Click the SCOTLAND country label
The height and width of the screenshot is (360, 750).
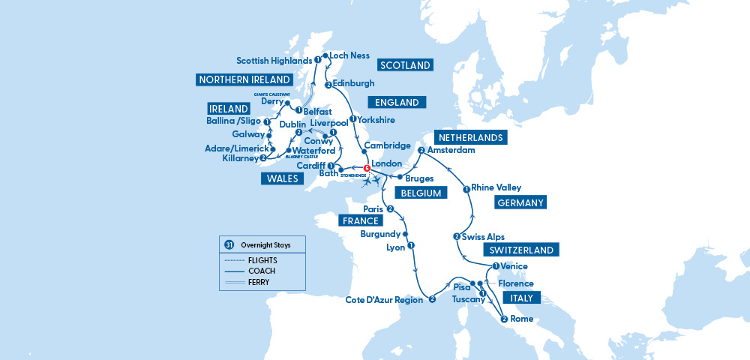406,65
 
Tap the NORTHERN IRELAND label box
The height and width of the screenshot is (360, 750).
245,79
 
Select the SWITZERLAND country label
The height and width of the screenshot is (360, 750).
521,250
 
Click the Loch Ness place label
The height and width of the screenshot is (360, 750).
349,55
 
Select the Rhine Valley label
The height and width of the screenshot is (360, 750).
495,187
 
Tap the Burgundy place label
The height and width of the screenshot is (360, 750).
379,233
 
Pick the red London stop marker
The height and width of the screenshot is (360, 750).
367,169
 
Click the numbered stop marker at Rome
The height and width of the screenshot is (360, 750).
504,319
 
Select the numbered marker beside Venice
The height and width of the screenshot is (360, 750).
496,267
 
